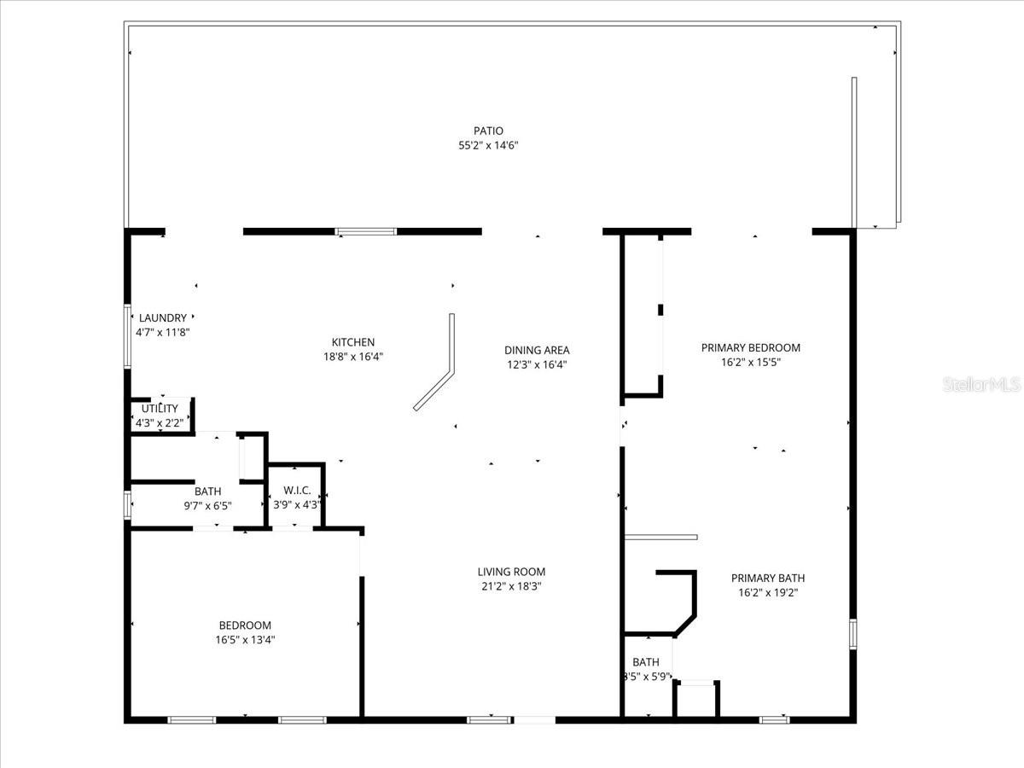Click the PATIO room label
click(x=488, y=131)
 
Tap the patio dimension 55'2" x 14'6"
click(x=488, y=146)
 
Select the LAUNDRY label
click(x=162, y=318)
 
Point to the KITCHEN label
click(x=353, y=342)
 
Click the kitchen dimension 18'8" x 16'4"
click(x=353, y=358)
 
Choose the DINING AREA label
click(x=537, y=350)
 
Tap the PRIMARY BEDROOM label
click(x=751, y=347)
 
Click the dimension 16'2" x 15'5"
click(x=751, y=362)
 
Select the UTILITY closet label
click(x=160, y=409)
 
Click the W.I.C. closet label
click(x=296, y=491)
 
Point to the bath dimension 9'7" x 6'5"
click(x=207, y=505)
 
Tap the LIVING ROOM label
click(x=511, y=572)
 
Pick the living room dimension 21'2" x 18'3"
click(x=511, y=586)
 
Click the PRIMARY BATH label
click(x=768, y=578)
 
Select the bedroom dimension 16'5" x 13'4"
click(x=245, y=639)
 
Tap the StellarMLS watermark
click(x=981, y=386)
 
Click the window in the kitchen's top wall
click(x=365, y=231)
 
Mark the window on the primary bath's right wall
click(x=852, y=635)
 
